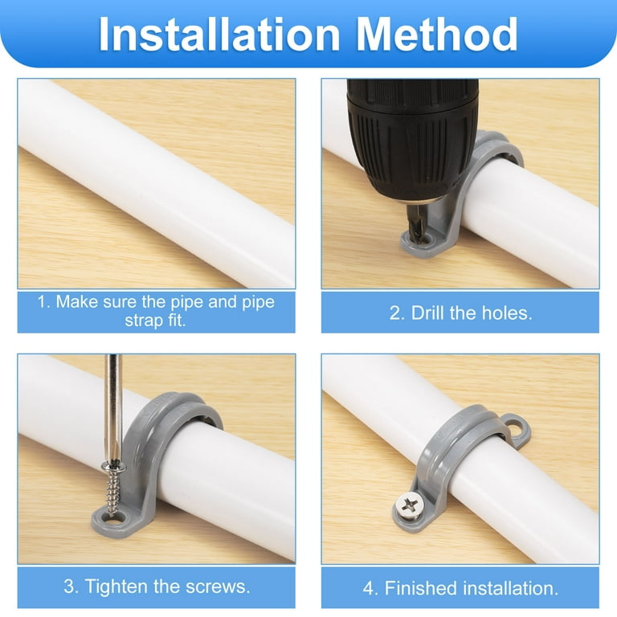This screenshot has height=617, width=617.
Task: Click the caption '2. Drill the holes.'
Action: click(x=460, y=313)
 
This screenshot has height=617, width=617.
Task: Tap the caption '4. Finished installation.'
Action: click(x=460, y=587)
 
